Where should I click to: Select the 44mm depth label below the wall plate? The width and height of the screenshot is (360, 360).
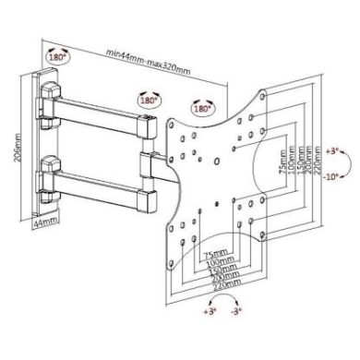point(45,222)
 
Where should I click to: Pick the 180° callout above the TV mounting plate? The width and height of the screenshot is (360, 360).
point(202,108)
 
